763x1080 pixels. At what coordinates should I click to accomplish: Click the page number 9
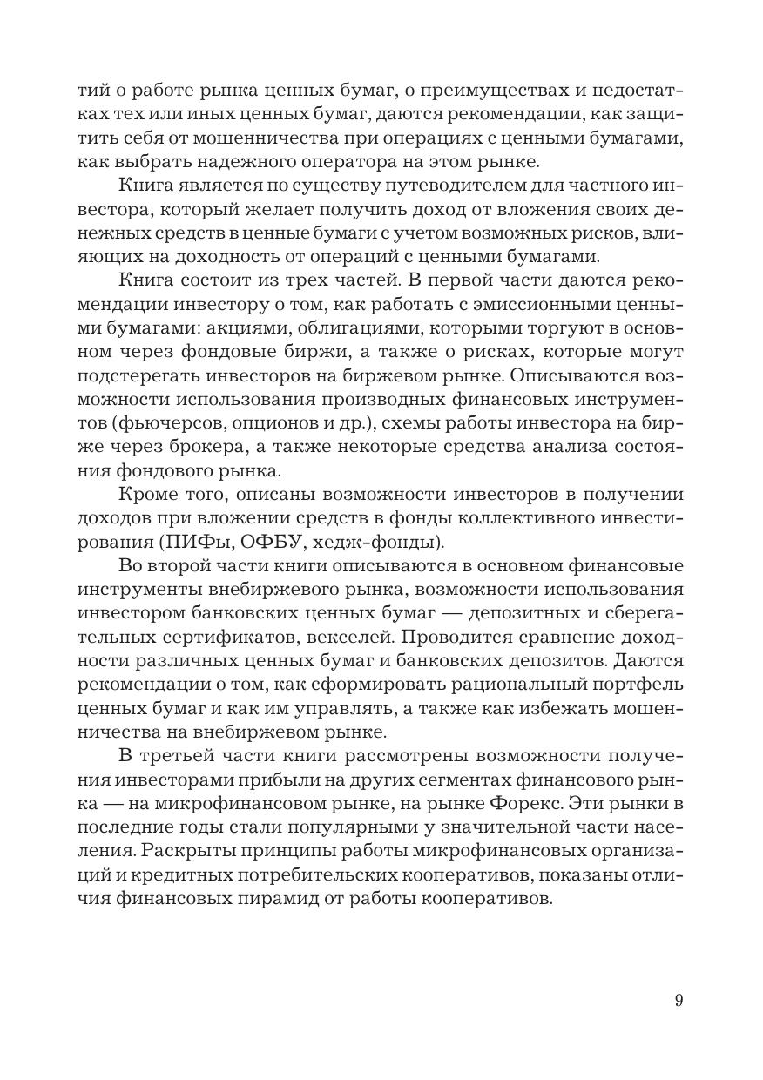(x=679, y=1000)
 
